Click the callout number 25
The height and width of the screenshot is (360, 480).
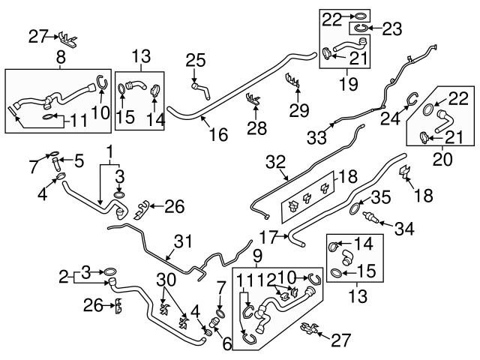[x=195, y=59]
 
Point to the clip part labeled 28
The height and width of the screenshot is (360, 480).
[x=253, y=98]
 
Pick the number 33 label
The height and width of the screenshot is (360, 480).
[x=317, y=138]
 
